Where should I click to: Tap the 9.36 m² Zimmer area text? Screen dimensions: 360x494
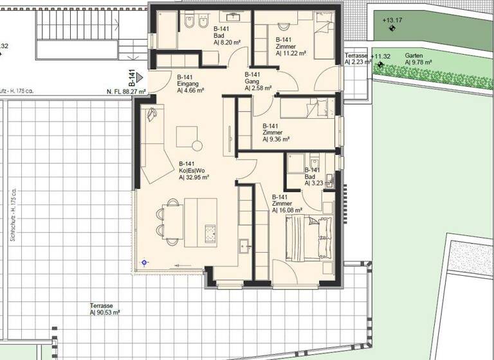tap(276, 139)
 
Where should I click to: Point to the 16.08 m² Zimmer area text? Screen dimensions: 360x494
tap(287, 210)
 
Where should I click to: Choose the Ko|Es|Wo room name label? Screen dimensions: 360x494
tap(192, 170)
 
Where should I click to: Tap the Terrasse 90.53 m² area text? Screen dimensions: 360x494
tap(105, 312)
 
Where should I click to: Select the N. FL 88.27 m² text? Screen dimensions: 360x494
tap(126, 92)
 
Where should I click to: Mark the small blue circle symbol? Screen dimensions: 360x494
tap(145, 262)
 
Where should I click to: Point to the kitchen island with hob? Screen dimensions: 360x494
tap(201, 222)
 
